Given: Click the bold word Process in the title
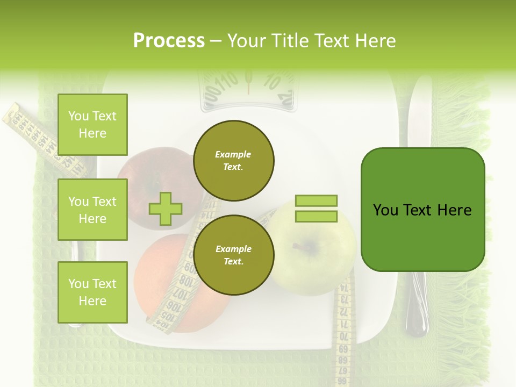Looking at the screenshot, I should [169, 40].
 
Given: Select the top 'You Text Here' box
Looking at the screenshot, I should [92, 125].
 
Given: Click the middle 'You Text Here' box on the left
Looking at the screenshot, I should [92, 210].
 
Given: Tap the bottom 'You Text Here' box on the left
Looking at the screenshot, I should [92, 292].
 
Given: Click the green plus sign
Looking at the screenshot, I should [166, 209].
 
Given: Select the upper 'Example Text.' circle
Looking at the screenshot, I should [234, 160].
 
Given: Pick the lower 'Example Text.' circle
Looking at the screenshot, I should [234, 255].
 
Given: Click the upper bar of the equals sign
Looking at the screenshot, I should [316, 200].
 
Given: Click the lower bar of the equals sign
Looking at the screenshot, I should [316, 216].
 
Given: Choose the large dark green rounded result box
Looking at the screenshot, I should [422, 210].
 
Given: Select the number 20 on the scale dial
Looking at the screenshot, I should [285, 98].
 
